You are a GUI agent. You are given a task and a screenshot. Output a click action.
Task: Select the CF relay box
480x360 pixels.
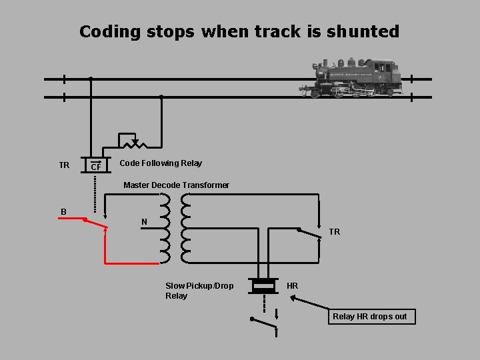point(96,165)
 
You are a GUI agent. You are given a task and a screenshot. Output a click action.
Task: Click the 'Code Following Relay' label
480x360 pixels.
point(161,163)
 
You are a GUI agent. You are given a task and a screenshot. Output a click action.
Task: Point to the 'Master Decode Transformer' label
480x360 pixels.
point(177,185)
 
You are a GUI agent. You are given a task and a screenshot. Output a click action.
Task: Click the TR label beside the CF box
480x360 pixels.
point(64,165)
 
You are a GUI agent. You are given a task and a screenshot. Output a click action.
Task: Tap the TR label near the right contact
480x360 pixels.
point(334,232)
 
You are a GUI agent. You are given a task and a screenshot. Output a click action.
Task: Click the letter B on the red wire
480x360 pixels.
point(63,212)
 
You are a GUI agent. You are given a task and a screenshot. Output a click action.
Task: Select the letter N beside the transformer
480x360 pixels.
point(145,222)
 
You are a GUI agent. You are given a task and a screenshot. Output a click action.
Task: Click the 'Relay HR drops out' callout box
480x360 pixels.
point(370,317)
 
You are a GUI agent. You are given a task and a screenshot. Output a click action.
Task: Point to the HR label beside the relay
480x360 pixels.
point(292,286)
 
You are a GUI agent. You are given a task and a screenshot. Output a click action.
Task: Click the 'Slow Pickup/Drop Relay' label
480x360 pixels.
point(199,291)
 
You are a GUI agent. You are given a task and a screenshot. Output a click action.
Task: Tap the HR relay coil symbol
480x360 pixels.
point(263,286)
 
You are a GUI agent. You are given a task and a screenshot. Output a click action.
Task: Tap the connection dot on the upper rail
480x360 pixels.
point(91,79)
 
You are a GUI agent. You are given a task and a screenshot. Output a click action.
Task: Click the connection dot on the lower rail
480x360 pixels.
point(161,97)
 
